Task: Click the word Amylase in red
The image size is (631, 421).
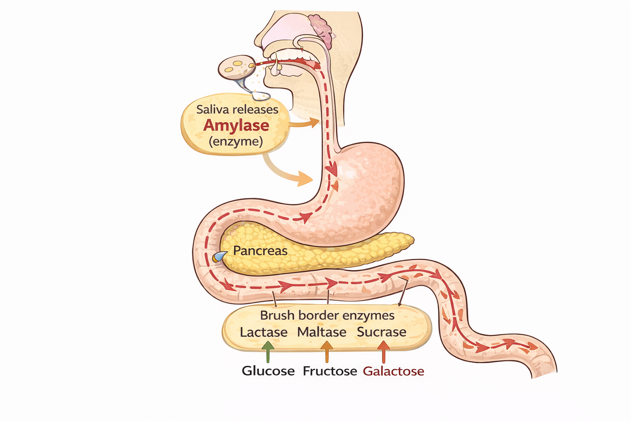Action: pyautogui.click(x=236, y=125)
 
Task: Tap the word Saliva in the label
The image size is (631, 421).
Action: pyautogui.click(x=211, y=109)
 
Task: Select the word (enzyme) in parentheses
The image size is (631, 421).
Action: pyautogui.click(x=235, y=141)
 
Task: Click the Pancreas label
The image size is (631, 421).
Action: pyautogui.click(x=260, y=250)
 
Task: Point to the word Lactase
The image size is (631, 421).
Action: pyautogui.click(x=263, y=332)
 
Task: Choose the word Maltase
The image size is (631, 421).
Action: pyautogui.click(x=322, y=332)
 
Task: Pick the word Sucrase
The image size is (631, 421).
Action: pyautogui.click(x=381, y=332)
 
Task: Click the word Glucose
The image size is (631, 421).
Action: pyautogui.click(x=268, y=371)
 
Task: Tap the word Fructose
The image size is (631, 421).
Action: pyautogui.click(x=330, y=371)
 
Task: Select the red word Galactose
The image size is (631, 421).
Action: pyautogui.click(x=393, y=371)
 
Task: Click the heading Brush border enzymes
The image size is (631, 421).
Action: pyautogui.click(x=327, y=315)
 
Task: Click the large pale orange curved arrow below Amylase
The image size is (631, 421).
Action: pyautogui.click(x=288, y=173)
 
